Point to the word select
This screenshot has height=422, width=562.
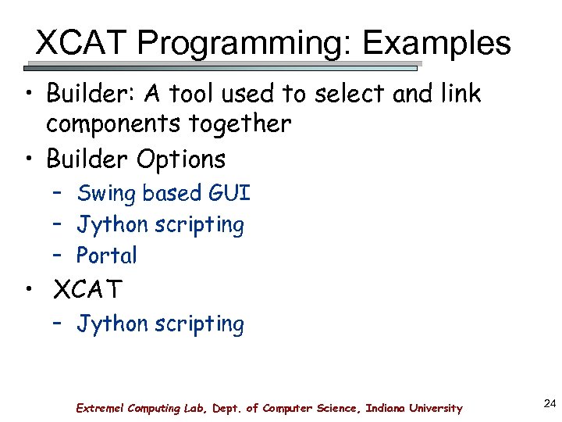tap(352, 95)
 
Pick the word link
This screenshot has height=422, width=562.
tap(460, 95)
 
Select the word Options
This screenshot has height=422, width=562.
tap(181, 159)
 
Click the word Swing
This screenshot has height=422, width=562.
tap(106, 193)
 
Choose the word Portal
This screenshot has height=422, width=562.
tap(106, 256)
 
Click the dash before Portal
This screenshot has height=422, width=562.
tap(59, 256)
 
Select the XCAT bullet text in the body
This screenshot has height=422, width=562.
tap(87, 291)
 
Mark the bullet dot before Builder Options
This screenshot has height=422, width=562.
tap(28, 159)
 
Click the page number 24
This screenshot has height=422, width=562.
tap(548, 403)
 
